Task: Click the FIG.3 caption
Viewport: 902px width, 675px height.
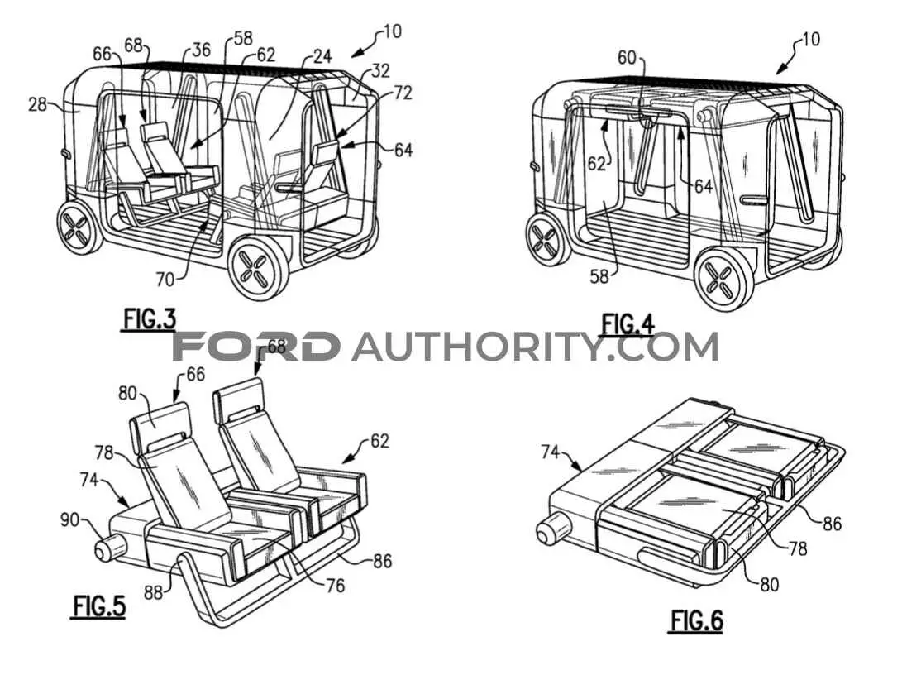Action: coord(149,319)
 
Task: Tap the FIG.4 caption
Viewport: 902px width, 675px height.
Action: coord(628,324)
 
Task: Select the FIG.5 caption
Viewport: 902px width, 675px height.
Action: coord(99,606)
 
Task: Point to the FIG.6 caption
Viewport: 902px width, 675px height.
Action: coord(697,621)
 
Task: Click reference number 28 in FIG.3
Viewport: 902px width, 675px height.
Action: coord(37,105)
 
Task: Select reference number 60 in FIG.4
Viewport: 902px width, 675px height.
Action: coord(627,58)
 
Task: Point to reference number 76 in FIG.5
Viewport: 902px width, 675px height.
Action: coord(335,586)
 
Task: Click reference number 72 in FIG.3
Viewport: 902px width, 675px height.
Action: coord(403,92)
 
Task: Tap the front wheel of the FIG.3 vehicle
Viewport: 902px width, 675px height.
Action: coord(258,270)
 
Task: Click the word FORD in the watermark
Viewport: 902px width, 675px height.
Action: coord(256,347)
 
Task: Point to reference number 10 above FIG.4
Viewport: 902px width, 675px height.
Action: coord(810,40)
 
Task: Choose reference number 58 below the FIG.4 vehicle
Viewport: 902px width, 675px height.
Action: coord(599,277)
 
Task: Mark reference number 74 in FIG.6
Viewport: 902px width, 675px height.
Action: coord(551,452)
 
